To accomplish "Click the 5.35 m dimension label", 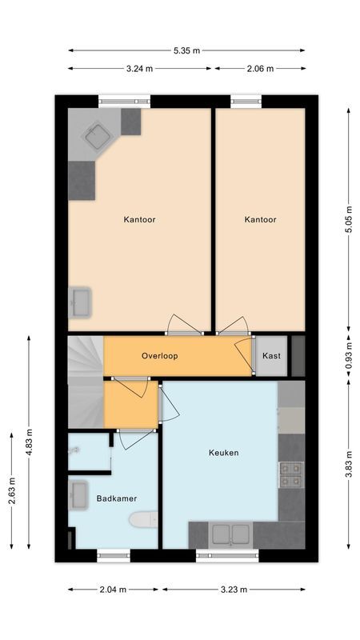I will coord(186,50).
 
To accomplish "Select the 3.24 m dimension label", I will coord(140,69).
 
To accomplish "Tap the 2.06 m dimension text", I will coord(259,69).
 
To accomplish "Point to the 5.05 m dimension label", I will coord(348,218).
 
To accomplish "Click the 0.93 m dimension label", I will coord(348,355).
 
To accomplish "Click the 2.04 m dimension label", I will coord(113,590).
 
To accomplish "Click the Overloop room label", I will coord(159,355).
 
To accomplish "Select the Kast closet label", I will coord(271,355).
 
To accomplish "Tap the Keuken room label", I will coord(223,453).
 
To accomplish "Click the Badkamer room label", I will coord(116,498).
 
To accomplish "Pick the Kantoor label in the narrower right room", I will coord(260,219).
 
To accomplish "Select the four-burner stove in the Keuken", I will coord(290,474).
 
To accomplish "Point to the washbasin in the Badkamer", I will coord(79,494).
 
